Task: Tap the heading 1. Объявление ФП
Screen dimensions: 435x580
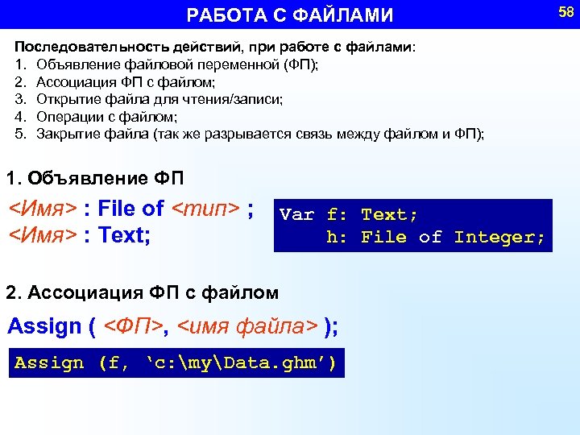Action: (95, 177)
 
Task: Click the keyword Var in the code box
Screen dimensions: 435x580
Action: (296, 215)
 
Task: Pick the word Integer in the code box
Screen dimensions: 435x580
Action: (499, 238)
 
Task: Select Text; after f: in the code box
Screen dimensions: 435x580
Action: (390, 215)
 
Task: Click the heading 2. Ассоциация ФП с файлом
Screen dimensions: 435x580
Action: (143, 292)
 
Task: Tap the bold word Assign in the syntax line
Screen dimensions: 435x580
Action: (45, 327)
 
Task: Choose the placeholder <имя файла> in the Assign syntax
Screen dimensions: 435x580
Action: (247, 327)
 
